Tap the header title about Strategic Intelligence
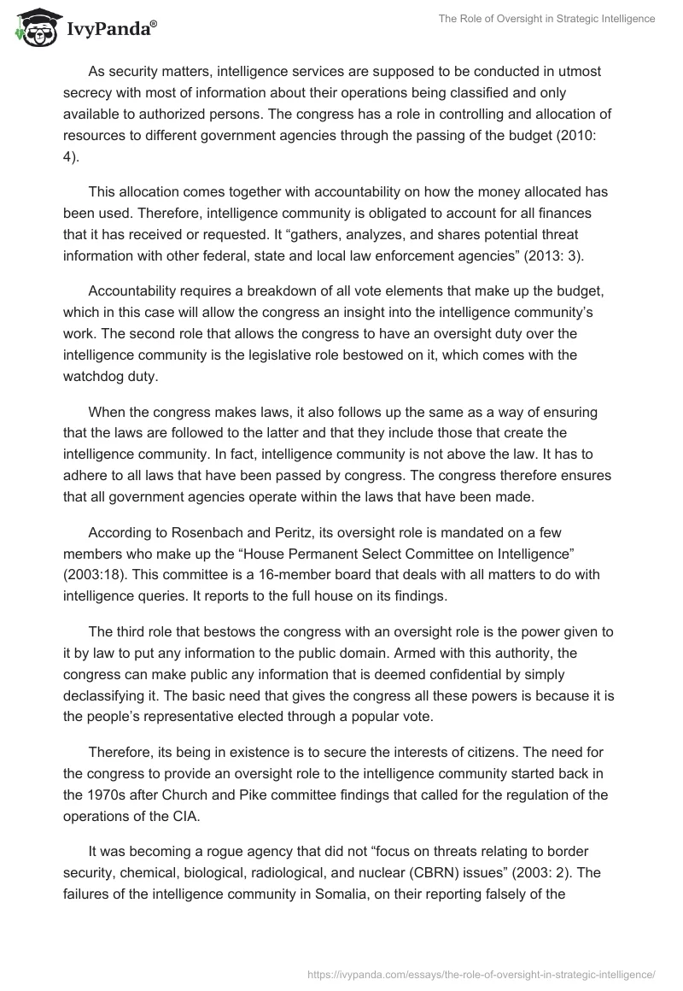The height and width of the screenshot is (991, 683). click(x=547, y=18)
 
